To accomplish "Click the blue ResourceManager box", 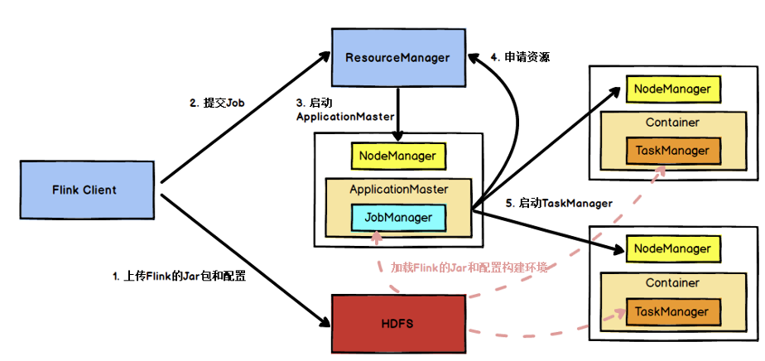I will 397,57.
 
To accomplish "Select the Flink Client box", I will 87,190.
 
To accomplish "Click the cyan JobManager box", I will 398,218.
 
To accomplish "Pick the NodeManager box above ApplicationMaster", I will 398,155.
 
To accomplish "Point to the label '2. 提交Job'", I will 216,103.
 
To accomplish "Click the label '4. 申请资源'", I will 520,57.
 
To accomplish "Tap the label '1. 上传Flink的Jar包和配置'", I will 179,277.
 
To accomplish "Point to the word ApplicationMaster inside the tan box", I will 398,190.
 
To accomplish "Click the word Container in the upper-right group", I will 671,123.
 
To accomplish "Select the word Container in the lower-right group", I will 671,282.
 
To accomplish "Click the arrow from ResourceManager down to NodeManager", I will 398,112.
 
